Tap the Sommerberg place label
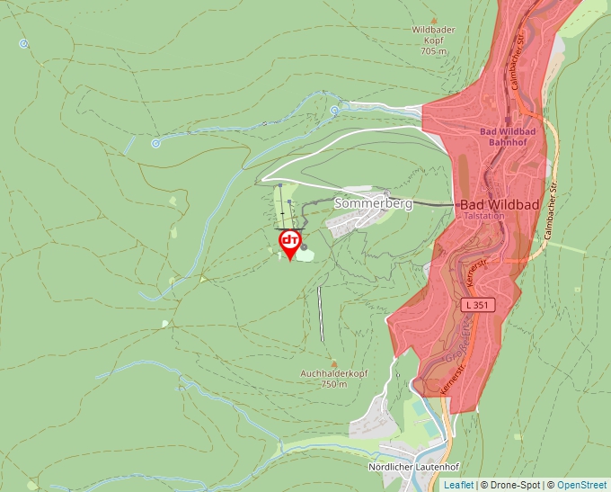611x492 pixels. (x=373, y=203)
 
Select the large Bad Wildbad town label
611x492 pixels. (x=499, y=205)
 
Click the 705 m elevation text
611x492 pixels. (x=432, y=51)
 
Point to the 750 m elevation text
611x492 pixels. (x=333, y=384)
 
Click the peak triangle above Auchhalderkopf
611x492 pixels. (x=327, y=353)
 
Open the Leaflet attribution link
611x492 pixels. (x=458, y=485)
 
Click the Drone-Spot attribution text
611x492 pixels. (x=511, y=485)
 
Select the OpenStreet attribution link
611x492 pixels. (x=581, y=485)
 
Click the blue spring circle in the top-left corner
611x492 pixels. (x=23, y=42)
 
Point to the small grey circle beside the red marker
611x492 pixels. (x=305, y=246)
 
